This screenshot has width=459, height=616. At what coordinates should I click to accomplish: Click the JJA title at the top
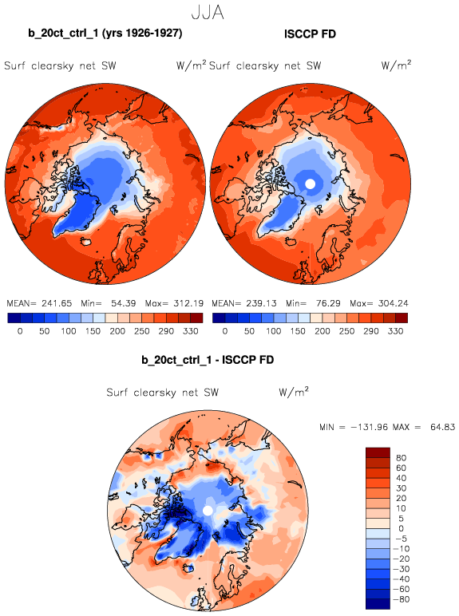click(x=208, y=12)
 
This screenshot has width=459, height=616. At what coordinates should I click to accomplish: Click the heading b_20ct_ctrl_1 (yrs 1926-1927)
click(x=105, y=33)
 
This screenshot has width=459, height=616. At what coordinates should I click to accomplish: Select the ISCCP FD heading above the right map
click(x=310, y=34)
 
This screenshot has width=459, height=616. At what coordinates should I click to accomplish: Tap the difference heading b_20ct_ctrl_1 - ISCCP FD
click(x=208, y=360)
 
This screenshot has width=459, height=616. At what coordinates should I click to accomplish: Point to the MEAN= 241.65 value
click(x=39, y=303)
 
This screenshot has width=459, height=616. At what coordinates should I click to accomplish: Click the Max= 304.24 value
click(x=379, y=303)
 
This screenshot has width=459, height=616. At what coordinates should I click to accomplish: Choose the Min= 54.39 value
click(x=109, y=303)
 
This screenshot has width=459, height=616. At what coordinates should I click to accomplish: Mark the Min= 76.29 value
click(x=314, y=303)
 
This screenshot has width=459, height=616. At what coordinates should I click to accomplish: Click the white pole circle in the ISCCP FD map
click(x=310, y=184)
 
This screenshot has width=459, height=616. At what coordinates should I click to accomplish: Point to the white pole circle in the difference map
click(x=208, y=511)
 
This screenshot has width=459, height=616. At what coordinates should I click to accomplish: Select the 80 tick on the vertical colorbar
click(x=402, y=458)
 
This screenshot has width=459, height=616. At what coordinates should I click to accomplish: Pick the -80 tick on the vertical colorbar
click(x=402, y=599)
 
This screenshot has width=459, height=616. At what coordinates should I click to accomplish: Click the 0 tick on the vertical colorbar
click(x=402, y=529)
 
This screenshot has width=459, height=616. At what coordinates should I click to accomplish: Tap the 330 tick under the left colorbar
click(x=191, y=331)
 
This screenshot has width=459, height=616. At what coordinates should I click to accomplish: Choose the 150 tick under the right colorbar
click(x=298, y=331)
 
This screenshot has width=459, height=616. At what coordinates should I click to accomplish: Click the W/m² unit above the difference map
click(x=294, y=392)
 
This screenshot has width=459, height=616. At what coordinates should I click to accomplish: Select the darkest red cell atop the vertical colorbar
click(x=378, y=452)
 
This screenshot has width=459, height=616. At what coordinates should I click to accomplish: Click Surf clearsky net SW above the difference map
click(x=162, y=393)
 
